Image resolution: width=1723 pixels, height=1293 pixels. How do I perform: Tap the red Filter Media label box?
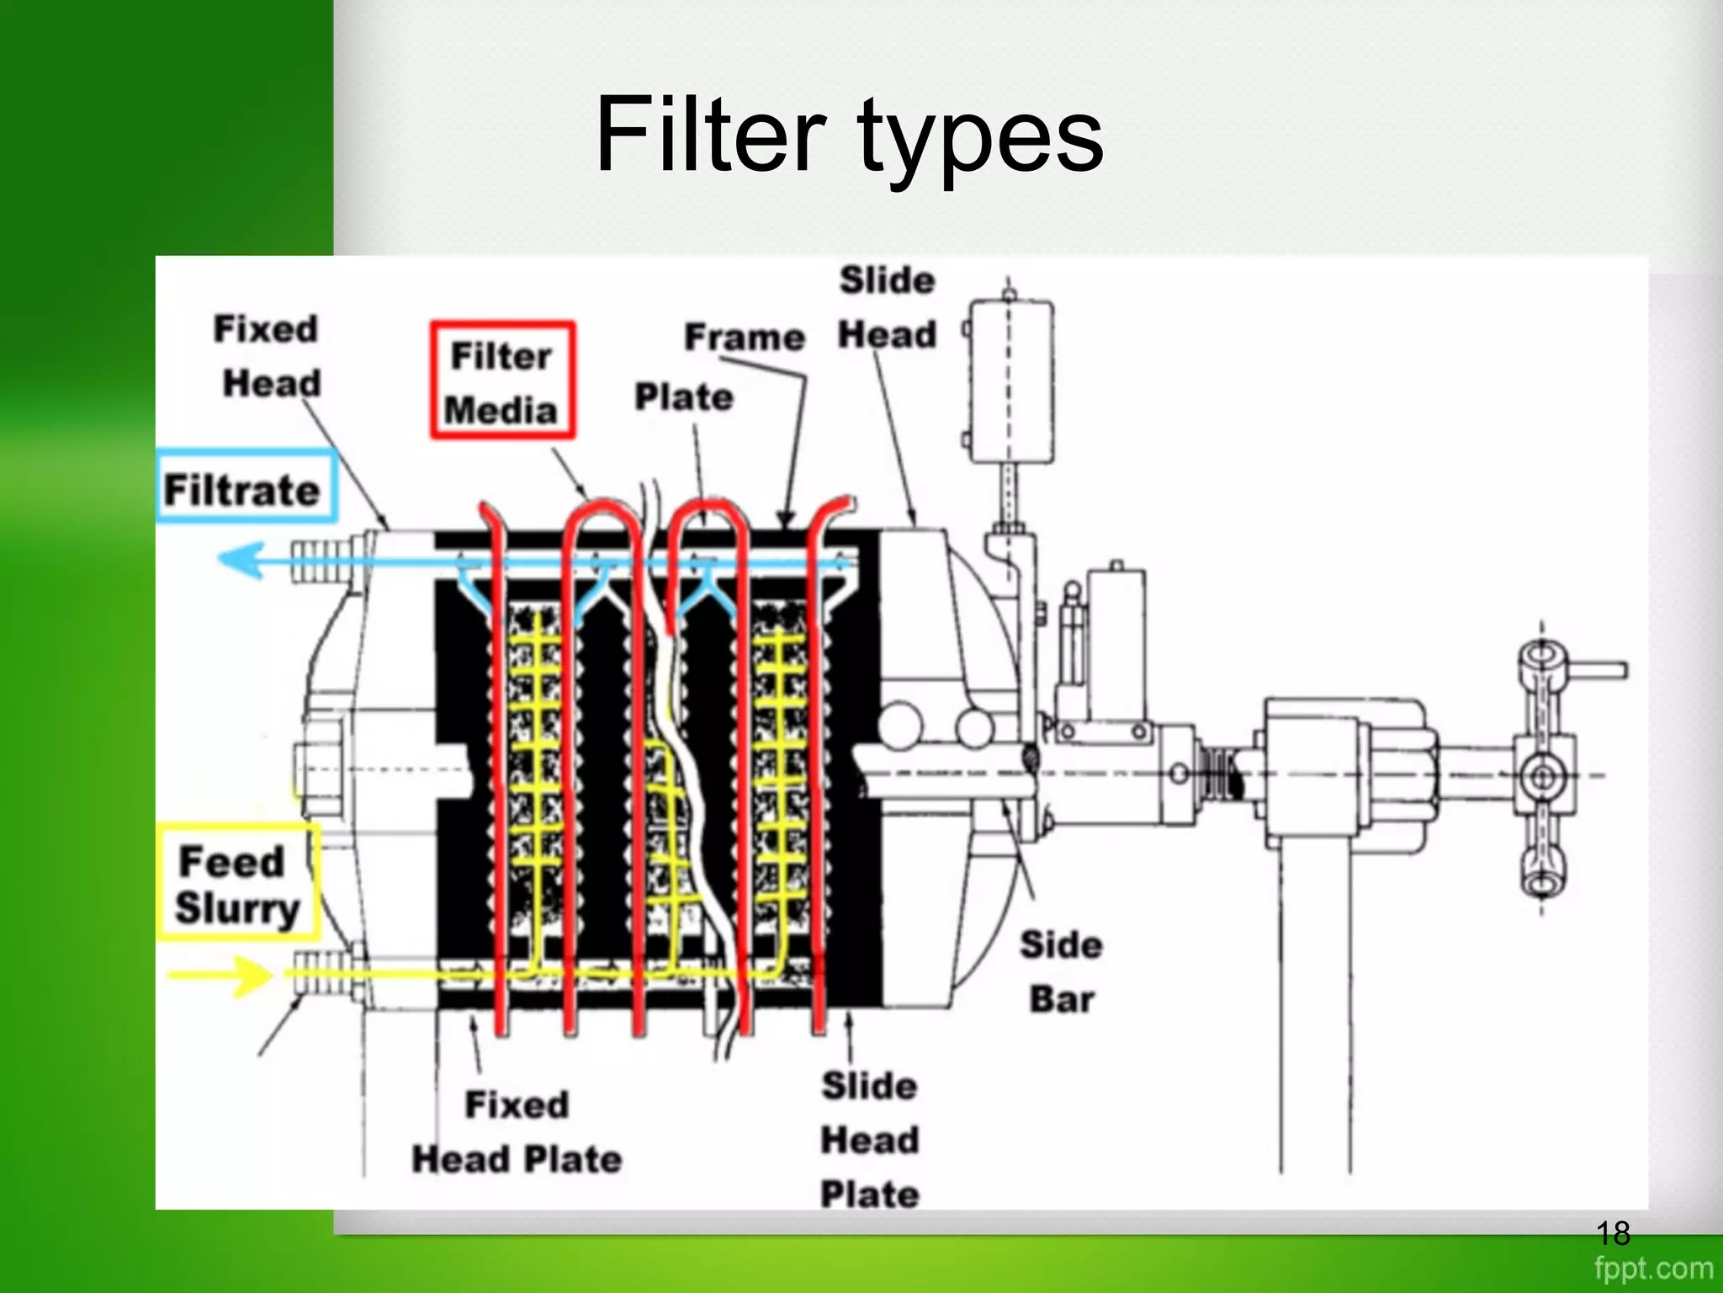click(x=502, y=380)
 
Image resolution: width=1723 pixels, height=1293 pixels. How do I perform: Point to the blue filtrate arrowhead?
click(x=240, y=560)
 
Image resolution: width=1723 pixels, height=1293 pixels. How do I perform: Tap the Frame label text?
click(x=744, y=337)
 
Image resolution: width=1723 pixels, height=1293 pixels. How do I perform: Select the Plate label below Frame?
click(x=683, y=396)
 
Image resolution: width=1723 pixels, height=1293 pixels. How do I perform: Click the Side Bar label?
click(x=1061, y=971)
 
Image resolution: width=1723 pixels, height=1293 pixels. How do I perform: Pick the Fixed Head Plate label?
click(x=517, y=1131)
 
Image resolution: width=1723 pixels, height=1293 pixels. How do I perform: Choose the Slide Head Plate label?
click(x=869, y=1140)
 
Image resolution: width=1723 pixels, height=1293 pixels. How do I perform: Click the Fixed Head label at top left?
click(x=268, y=355)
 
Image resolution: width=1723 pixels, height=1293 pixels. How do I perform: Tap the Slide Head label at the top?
click(x=887, y=307)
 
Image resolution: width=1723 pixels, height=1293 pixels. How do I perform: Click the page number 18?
click(x=1612, y=1233)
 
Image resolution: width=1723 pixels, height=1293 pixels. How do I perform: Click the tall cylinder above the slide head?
click(x=1010, y=383)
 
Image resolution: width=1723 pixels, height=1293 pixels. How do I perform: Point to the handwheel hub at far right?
click(x=1542, y=775)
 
